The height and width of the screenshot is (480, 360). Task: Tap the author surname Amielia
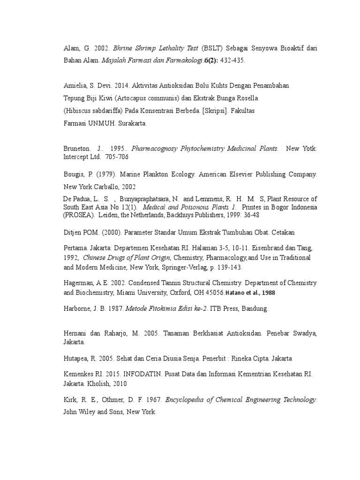click(76, 86)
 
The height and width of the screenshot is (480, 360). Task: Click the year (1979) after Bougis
click(105, 174)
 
